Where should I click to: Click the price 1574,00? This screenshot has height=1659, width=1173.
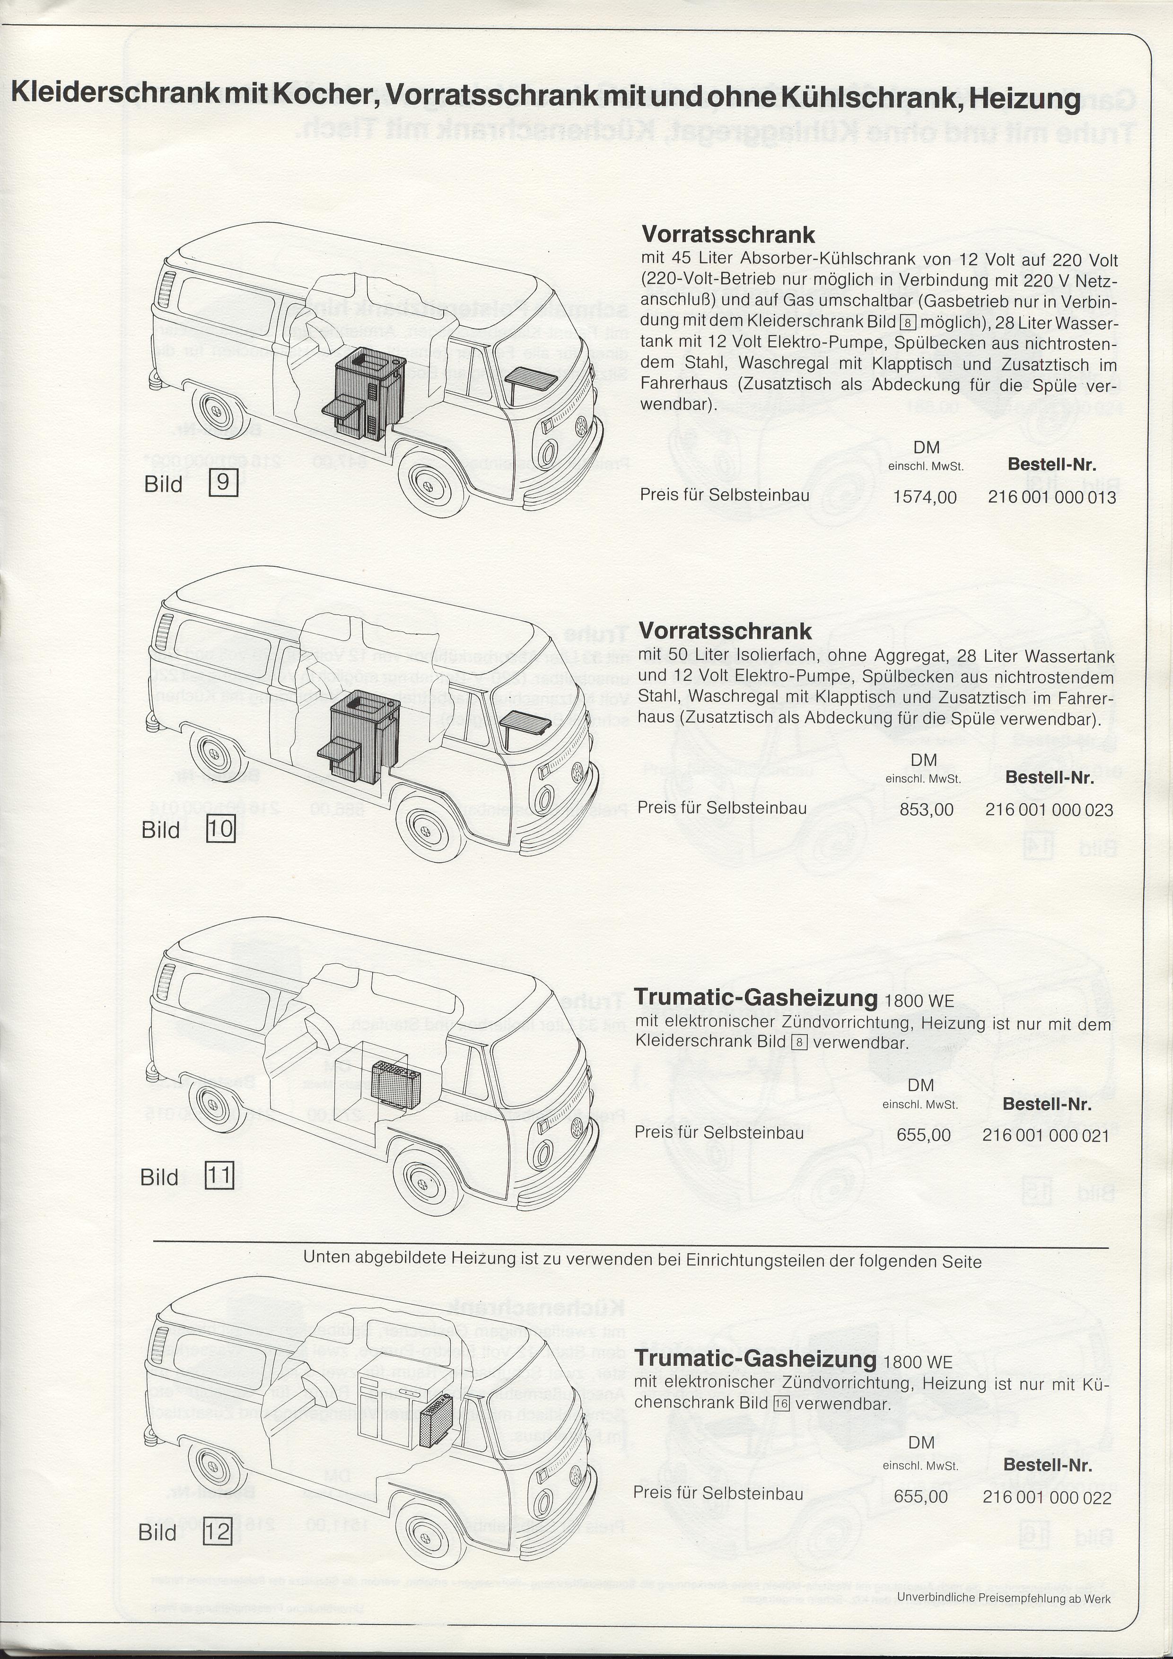[x=925, y=497]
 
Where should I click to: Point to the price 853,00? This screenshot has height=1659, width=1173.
[x=927, y=809]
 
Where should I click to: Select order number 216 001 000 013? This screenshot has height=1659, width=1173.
[x=1051, y=497]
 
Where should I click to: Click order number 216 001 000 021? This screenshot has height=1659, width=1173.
[x=1045, y=1135]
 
